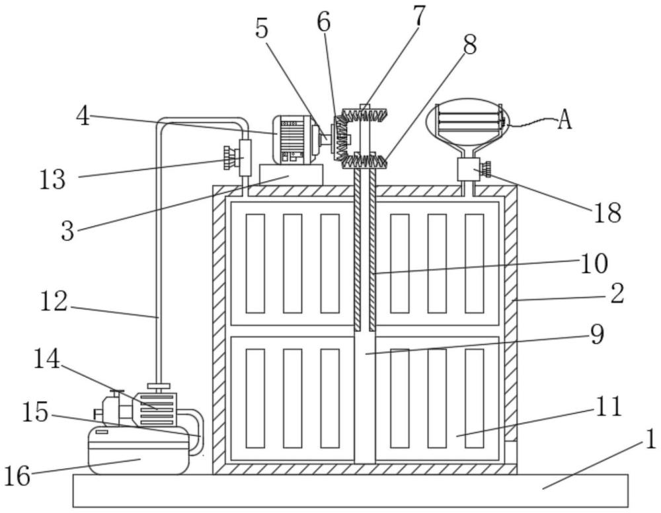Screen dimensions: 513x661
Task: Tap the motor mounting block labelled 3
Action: pyautogui.click(x=291, y=175)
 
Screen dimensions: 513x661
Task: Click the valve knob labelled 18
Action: pyautogui.click(x=487, y=170)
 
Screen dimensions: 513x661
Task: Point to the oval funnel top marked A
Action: pyautogui.click(x=465, y=120)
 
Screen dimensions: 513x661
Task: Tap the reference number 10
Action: pyautogui.click(x=594, y=263)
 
